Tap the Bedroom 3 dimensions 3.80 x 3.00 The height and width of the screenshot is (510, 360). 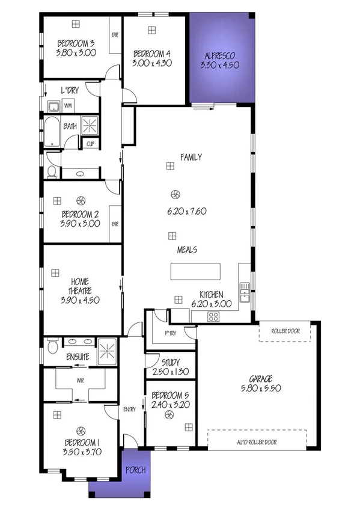[76, 52]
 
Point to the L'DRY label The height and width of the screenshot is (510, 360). [70, 90]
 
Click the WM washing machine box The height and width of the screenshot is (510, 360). [68, 106]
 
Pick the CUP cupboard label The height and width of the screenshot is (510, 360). [90, 144]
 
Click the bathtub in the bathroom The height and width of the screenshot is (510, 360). [52, 132]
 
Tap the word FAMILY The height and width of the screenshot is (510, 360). [191, 158]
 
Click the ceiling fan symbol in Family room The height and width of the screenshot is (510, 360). [175, 194]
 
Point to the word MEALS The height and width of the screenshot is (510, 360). [188, 250]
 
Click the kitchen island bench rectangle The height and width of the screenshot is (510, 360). [196, 271]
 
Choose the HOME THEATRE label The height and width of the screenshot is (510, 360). [80, 286]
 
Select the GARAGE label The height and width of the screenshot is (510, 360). [261, 379]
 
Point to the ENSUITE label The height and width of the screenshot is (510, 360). [78, 357]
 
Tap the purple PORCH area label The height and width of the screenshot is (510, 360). [135, 470]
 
